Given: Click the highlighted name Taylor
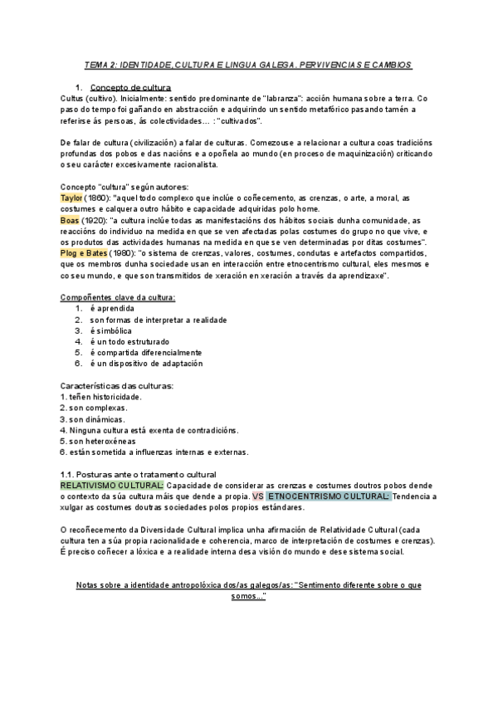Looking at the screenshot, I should click(72, 198).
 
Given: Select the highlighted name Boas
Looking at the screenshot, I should click(70, 221).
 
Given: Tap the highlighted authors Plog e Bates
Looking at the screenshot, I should click(85, 252).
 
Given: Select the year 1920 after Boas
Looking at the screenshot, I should click(94, 221).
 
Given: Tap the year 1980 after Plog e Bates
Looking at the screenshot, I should click(123, 252).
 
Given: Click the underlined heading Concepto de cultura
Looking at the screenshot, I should click(130, 87).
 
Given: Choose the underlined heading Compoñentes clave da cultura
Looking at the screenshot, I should click(118, 297).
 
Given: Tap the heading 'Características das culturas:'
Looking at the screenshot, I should click(117, 386).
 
